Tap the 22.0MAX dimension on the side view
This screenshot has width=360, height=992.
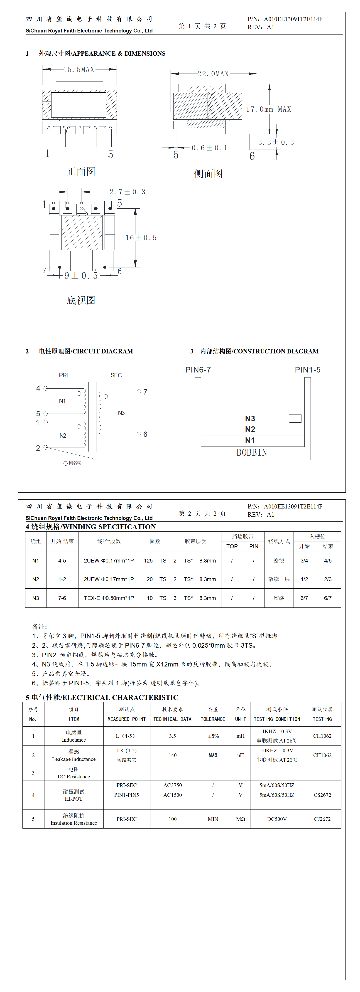point(213,74)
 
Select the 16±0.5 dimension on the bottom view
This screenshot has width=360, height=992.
point(141,238)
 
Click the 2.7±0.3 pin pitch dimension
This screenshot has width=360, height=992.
point(127,192)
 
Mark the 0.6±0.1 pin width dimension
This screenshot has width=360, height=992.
point(209,148)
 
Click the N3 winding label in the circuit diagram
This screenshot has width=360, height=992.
point(121,413)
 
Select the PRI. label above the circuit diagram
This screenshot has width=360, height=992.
point(64,375)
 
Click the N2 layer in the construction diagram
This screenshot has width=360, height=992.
point(250,429)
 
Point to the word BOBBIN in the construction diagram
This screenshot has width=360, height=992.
point(252,452)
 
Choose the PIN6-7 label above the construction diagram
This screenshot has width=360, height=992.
point(198,370)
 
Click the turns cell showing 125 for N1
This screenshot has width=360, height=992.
point(149,561)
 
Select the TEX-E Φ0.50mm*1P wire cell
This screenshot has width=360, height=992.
point(109,598)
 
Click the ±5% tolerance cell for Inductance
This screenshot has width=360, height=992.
point(213,736)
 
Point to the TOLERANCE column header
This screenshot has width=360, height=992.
point(213,719)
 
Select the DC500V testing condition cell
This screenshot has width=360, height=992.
point(277,819)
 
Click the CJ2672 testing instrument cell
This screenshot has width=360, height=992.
point(322,819)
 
